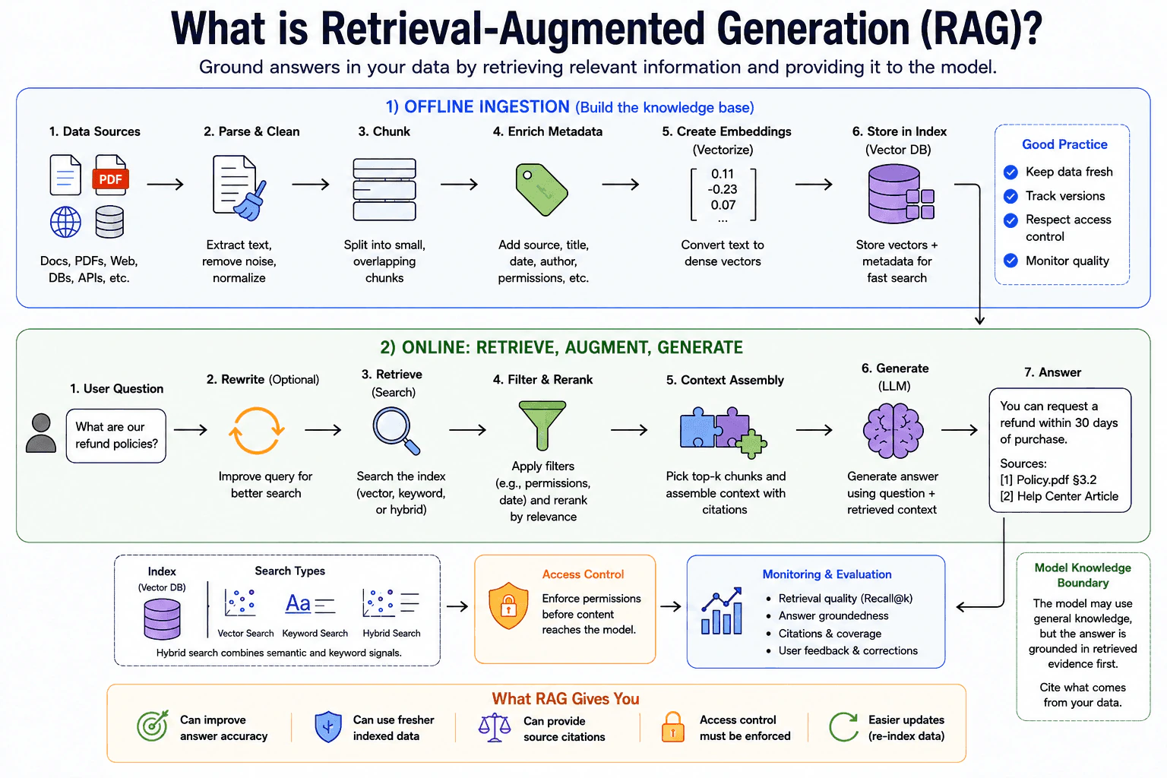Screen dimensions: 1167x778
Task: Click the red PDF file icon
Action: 110,175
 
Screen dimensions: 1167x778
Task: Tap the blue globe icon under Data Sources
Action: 65,222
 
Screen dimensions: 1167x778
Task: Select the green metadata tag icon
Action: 541,189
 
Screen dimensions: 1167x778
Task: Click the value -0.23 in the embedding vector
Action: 723,189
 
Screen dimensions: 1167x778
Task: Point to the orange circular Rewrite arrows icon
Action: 256,431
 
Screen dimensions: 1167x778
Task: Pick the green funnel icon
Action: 542,425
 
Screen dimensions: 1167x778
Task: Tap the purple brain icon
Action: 893,431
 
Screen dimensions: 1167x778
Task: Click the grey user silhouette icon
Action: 41,433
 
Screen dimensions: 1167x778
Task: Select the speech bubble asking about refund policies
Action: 116,435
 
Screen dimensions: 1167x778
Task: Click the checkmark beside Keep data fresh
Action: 1010,172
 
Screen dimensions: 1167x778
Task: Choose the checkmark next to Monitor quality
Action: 1010,261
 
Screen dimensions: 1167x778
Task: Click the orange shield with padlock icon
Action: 508,606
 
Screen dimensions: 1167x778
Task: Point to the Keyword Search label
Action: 315,633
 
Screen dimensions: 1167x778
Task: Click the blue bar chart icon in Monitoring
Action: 722,612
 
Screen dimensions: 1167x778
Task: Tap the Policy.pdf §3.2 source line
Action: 1048,479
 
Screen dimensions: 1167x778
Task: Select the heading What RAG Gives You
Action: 565,698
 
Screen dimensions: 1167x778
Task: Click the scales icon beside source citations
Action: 495,727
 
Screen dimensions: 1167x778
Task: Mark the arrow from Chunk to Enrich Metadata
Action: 459,184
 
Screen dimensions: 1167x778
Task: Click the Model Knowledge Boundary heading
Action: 1083,575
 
